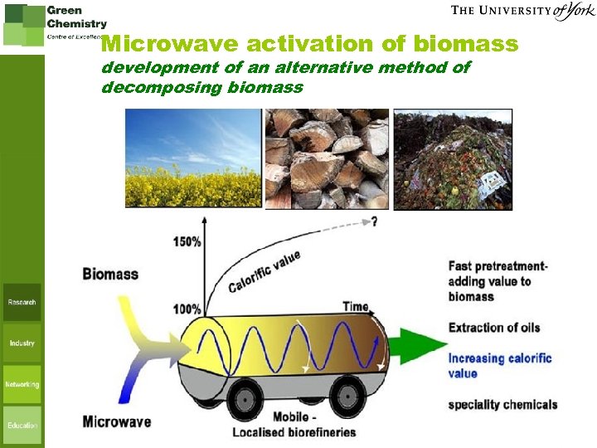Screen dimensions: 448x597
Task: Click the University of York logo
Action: point(523,12)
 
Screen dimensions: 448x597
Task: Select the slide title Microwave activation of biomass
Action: point(309,43)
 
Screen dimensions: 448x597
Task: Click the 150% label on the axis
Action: point(187,241)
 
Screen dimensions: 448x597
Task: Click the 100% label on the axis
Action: point(187,309)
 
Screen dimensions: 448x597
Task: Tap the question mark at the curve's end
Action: point(375,222)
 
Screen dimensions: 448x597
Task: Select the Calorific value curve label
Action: point(265,272)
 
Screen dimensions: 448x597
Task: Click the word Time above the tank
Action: point(355,306)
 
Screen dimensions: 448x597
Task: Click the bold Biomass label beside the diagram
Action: point(110,274)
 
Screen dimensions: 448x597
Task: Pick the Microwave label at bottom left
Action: point(117,421)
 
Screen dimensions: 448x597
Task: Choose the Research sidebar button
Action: point(22,303)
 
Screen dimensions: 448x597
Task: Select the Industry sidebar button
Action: point(22,343)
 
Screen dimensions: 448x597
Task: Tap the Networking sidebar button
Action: point(22,384)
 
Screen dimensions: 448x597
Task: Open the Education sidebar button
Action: point(22,425)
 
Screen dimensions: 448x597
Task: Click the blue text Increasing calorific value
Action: point(499,366)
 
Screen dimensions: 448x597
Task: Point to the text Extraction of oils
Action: point(494,328)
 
